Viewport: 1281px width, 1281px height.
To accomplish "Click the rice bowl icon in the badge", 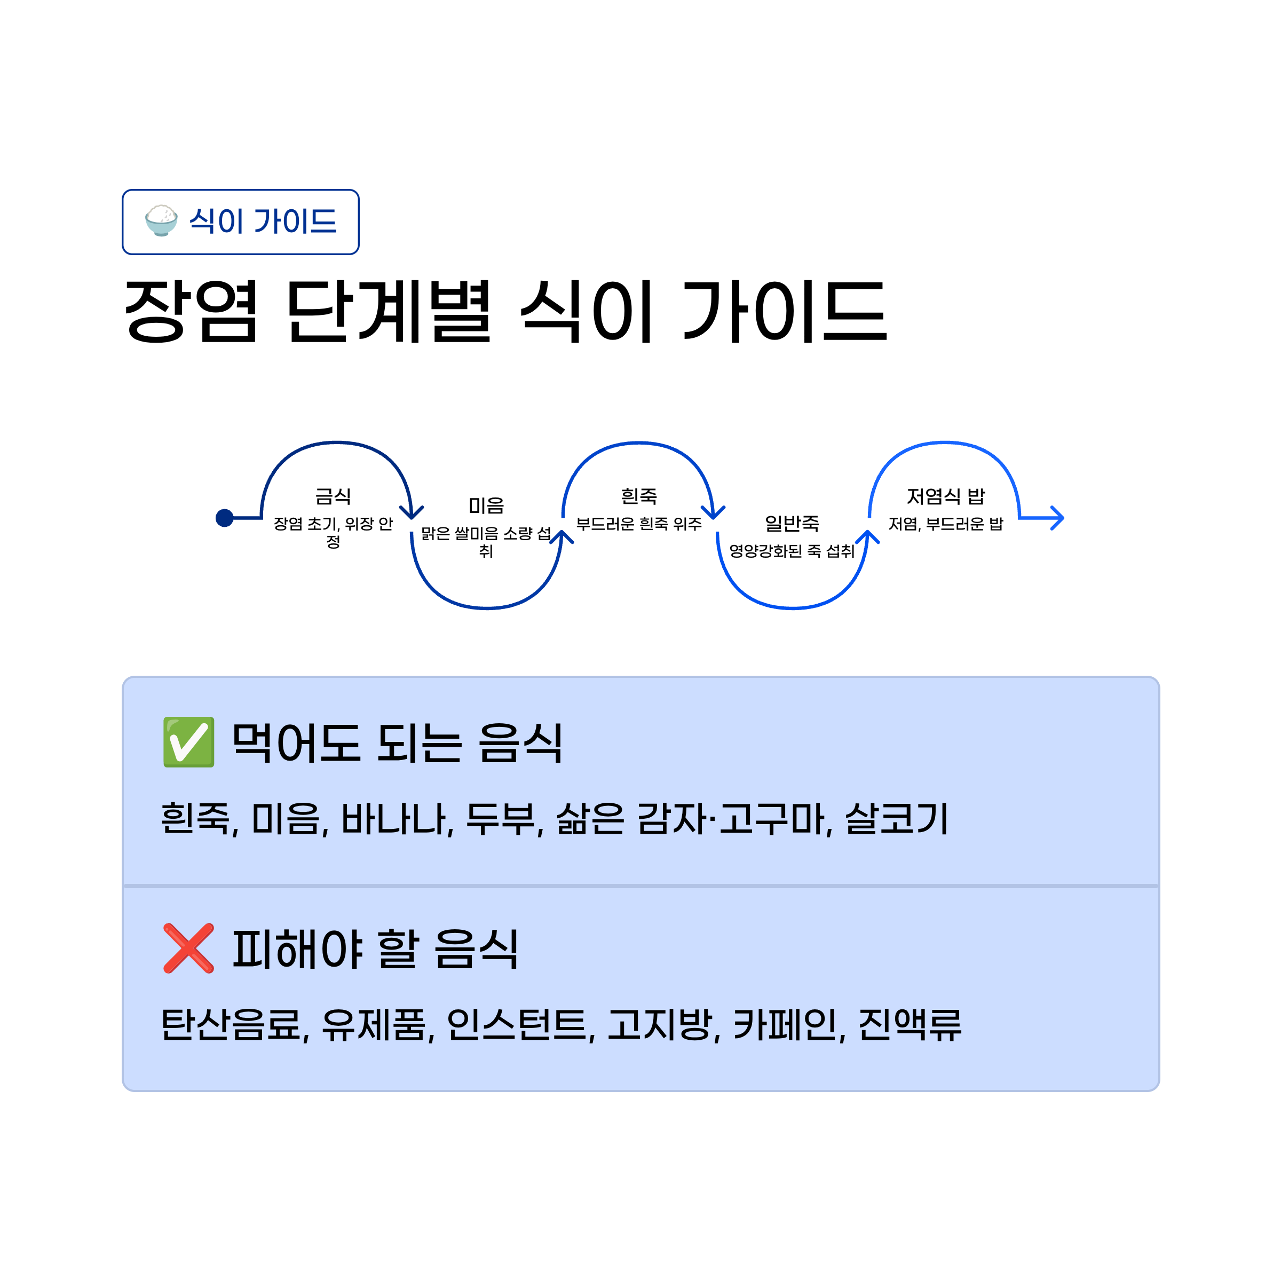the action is tap(161, 221).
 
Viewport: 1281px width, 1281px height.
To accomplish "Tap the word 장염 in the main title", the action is tap(191, 311).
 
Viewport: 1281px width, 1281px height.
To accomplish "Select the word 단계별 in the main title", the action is tap(389, 311).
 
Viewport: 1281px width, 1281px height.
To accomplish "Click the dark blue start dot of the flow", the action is tap(225, 518).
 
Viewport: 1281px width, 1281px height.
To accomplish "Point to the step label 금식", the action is tap(333, 496).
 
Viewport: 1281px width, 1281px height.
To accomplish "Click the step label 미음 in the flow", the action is tap(486, 505).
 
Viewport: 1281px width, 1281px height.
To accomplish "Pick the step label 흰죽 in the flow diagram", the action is tap(638, 496).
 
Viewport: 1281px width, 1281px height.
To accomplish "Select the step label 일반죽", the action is tap(792, 523).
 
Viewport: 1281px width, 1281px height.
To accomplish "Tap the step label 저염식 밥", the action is tap(945, 496).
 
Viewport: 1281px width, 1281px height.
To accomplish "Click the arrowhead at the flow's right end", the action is tap(1057, 518).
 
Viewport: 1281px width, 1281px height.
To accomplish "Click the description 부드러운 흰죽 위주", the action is tap(638, 524).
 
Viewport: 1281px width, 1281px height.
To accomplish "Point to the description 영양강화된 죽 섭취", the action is tap(792, 551).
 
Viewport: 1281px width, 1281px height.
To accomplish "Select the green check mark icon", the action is tap(188, 742).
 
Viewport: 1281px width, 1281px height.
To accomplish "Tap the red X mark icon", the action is tap(188, 948).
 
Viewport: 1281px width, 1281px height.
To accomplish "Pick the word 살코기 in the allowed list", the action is tap(897, 819).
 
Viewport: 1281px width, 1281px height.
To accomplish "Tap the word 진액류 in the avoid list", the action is tap(909, 1025).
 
